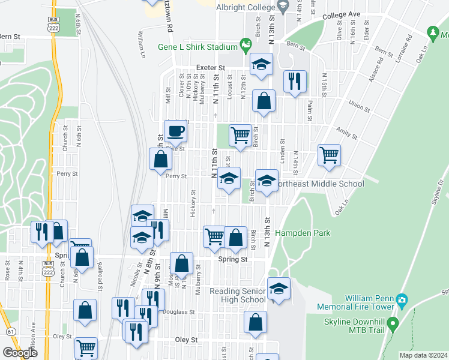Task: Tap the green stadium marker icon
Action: (x=245, y=44)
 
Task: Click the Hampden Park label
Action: (x=298, y=233)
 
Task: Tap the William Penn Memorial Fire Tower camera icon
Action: (x=402, y=299)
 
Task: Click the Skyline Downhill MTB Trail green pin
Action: (x=393, y=325)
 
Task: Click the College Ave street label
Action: (x=341, y=14)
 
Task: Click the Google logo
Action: (x=20, y=353)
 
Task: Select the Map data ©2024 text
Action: (x=424, y=355)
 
